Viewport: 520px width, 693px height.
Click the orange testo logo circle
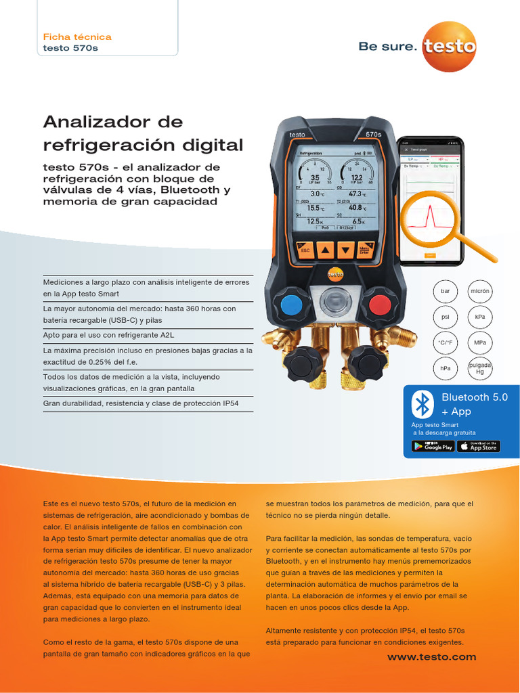449,45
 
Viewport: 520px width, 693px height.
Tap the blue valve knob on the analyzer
291,305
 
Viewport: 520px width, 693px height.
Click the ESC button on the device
305,250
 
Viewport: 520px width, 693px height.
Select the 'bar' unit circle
445,291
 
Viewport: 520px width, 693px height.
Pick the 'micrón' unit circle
480,291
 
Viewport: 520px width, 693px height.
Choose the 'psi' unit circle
445,317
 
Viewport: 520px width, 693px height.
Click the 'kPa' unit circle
480,317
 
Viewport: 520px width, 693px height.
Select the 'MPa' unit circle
480,342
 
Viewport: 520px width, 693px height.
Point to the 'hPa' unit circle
445,368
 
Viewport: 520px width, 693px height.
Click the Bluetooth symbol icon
423,404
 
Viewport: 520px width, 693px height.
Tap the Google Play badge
433,446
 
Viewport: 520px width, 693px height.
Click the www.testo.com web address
431,656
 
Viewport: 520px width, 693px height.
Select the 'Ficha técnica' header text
77,37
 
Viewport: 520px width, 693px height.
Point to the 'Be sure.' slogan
387,46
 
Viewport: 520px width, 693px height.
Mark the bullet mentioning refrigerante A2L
108,335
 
